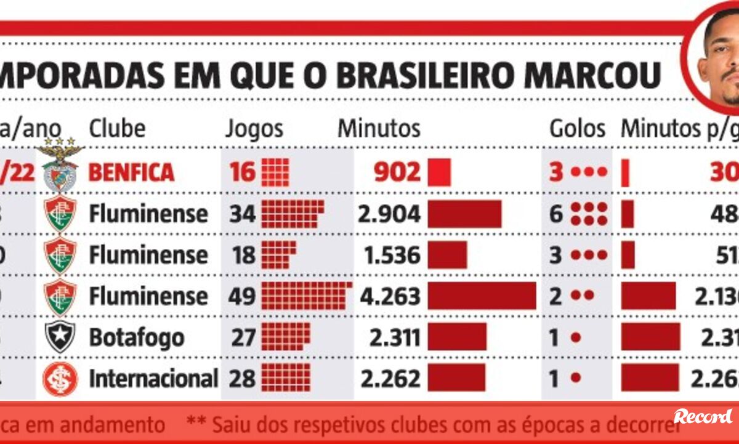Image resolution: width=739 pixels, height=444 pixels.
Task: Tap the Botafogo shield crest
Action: coord(60,337)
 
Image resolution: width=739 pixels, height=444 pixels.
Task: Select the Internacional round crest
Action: coord(60,378)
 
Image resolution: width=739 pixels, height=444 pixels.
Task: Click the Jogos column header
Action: coord(254,129)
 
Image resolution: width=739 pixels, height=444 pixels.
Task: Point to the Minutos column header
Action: coord(379,129)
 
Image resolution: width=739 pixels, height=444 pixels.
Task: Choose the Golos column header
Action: coord(577,129)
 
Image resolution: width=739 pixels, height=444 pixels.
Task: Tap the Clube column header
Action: coord(117,129)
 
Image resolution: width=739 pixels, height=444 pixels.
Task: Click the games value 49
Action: coord(242,296)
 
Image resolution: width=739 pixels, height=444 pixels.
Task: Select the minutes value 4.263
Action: coord(389,296)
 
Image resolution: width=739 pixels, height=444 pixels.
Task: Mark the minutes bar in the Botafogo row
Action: coord(457,337)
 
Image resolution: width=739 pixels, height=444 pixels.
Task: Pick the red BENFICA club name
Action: coord(131,172)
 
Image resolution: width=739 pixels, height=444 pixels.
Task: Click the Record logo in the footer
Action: coord(702,416)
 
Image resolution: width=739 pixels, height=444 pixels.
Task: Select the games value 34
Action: coord(242,214)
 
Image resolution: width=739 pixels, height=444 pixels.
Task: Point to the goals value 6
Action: coord(556,214)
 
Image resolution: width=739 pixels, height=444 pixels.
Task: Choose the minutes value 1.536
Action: coord(389,255)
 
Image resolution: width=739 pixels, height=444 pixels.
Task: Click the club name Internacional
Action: coord(153,379)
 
